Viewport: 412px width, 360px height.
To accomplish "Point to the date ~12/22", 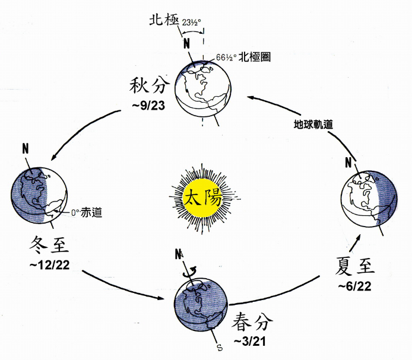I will pos(46,263).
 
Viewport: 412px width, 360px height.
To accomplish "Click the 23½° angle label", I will pos(192,23).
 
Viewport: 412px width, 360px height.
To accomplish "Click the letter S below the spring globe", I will pos(219,347).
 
